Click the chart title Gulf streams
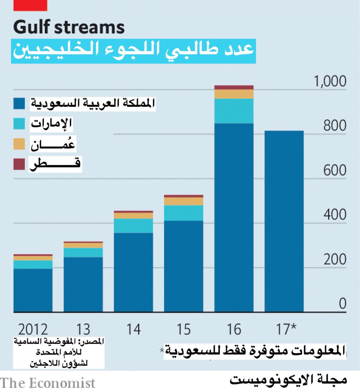[x=69, y=27]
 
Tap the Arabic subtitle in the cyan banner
[x=133, y=51]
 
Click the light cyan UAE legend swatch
[x=19, y=123]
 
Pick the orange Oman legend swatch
[x=19, y=144]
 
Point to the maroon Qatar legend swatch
[x=19, y=164]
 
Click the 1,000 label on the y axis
[x=330, y=81]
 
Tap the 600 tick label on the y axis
[x=335, y=170]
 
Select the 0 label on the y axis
[x=342, y=303]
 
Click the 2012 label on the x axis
[x=33, y=329]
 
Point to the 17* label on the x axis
[x=286, y=329]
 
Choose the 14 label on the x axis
[x=133, y=329]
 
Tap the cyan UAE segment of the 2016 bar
[x=234, y=111]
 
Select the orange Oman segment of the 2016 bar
[x=234, y=94]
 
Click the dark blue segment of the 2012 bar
[x=33, y=290]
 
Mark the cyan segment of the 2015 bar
[x=184, y=213]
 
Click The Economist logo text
[x=48, y=383]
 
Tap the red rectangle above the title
[x=30, y=5]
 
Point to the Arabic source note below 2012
[x=59, y=352]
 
